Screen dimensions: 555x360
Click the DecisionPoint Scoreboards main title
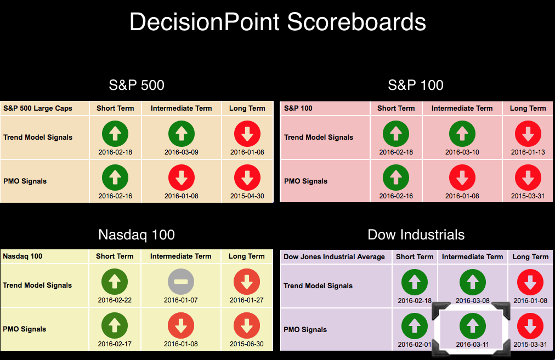[x=277, y=22]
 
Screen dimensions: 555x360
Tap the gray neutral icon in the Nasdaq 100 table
[x=181, y=282]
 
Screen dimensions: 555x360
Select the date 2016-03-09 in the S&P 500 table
[x=181, y=152]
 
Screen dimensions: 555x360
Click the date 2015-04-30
[x=247, y=196]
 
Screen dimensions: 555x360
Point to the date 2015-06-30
[x=247, y=344]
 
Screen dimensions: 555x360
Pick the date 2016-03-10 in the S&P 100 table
[x=462, y=152]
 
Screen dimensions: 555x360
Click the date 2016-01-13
[x=528, y=152]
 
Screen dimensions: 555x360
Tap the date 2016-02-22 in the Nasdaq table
[x=115, y=300]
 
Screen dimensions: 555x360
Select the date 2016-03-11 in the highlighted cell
[x=473, y=345]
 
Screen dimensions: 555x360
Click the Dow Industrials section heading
[x=416, y=235]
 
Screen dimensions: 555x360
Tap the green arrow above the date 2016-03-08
[x=473, y=282]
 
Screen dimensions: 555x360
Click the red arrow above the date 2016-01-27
[x=247, y=282]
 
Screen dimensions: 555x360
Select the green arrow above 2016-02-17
[x=115, y=325]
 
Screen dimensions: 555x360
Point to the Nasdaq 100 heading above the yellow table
[x=137, y=235]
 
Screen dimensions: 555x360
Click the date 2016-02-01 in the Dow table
[x=415, y=345]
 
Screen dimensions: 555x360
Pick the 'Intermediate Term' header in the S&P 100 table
[x=462, y=108]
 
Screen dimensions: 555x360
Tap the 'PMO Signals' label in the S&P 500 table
[x=25, y=181]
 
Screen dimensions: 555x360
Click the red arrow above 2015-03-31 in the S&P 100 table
[x=528, y=178]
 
